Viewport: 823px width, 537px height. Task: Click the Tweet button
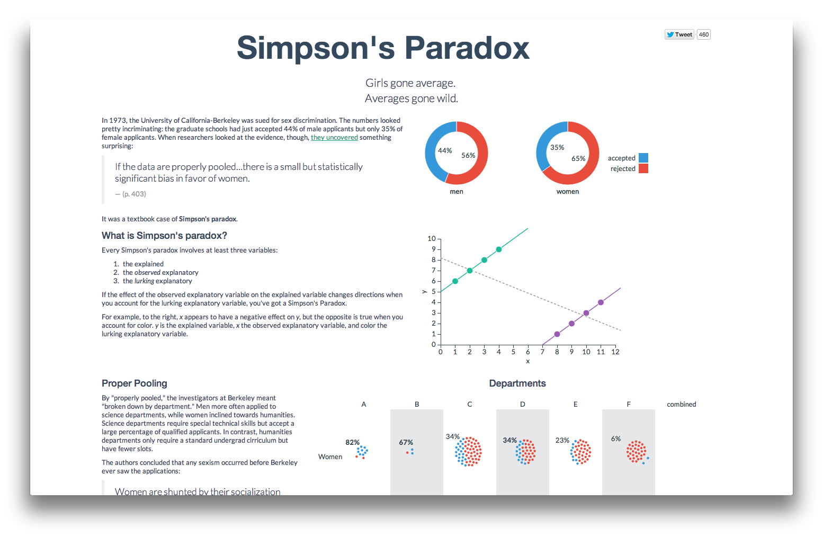click(679, 34)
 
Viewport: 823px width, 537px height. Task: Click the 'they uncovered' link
click(334, 138)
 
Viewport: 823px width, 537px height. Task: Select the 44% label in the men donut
click(445, 151)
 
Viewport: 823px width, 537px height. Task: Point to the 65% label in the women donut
click(578, 159)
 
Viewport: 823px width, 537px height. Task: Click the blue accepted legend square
click(643, 158)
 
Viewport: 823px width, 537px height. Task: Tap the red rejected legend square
click(643, 168)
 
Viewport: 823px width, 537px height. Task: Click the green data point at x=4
click(499, 249)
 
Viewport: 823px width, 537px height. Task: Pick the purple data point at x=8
click(557, 334)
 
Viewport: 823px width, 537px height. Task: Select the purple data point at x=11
click(601, 302)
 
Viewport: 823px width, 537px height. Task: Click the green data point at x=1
click(455, 281)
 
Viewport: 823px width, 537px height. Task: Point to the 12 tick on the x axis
click(615, 352)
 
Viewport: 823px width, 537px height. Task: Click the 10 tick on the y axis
click(432, 239)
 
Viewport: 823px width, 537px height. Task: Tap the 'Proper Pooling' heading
click(135, 383)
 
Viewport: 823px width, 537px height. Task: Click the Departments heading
click(517, 383)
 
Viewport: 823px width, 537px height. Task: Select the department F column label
click(629, 404)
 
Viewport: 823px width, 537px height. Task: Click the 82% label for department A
click(353, 443)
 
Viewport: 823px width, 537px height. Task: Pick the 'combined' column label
click(682, 404)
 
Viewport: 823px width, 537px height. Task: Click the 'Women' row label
click(330, 457)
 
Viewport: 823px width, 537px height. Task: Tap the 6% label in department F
click(616, 439)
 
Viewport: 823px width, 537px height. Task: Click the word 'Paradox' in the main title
click(467, 48)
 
